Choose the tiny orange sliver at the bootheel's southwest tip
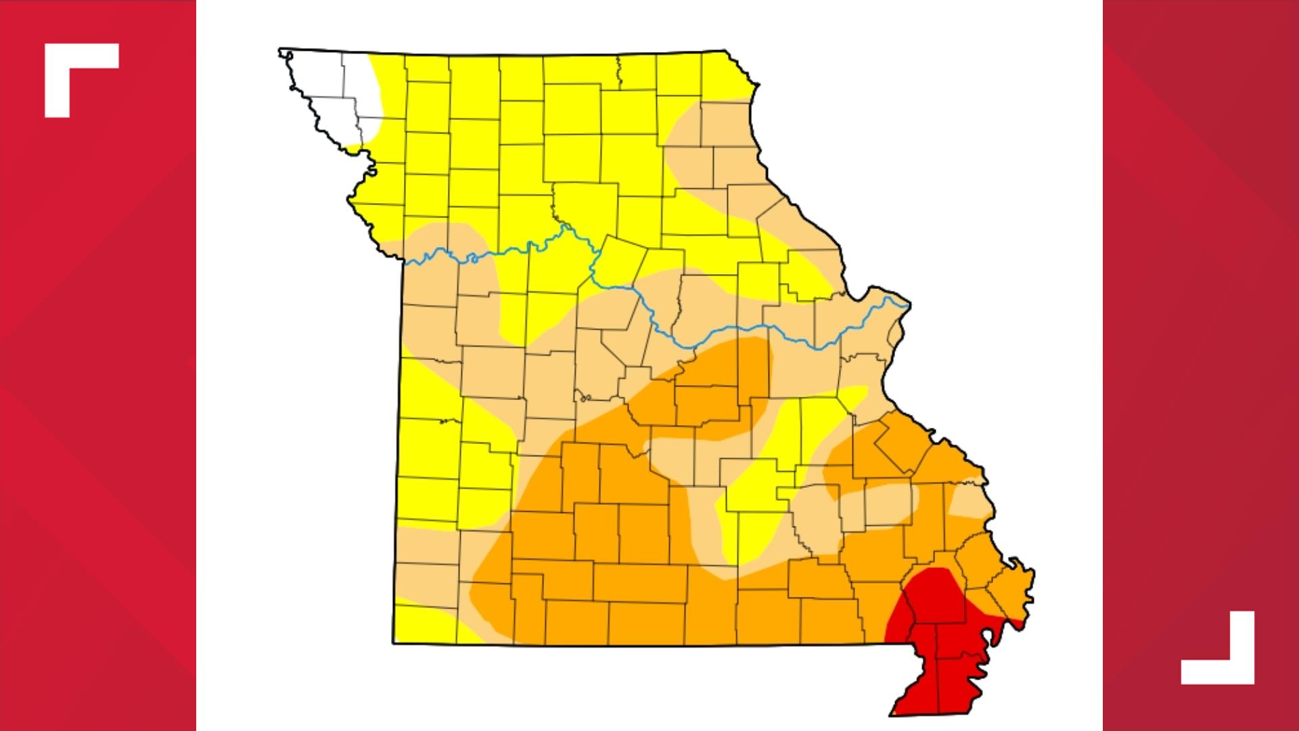coord(895,711)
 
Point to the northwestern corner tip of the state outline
coord(280,49)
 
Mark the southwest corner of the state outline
coord(394,643)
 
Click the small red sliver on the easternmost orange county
coord(1012,619)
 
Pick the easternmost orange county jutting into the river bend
coord(1011,589)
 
